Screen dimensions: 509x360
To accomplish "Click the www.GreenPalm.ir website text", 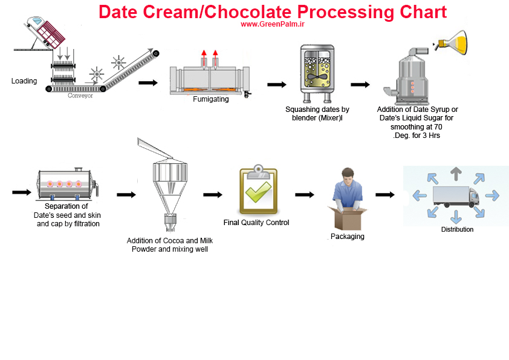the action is click(x=273, y=24).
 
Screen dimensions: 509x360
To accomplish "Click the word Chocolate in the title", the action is click(x=248, y=12).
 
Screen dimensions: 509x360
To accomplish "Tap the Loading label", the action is click(x=24, y=81).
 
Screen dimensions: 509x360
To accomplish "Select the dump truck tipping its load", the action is click(x=45, y=32).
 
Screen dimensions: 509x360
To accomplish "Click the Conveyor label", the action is click(x=80, y=96).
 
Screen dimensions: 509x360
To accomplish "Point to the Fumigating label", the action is click(x=211, y=99).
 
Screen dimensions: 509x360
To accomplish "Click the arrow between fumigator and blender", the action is click(x=277, y=85).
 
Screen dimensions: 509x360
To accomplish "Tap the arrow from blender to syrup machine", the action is click(x=360, y=85).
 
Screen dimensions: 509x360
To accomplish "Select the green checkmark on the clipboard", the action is click(x=258, y=192).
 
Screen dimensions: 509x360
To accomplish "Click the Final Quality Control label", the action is click(x=256, y=223).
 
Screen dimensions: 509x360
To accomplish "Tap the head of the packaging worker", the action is click(x=348, y=177).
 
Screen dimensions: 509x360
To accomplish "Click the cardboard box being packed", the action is click(x=348, y=218).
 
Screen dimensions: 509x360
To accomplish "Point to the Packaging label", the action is click(x=348, y=237).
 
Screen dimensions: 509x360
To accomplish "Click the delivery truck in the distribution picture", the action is click(x=456, y=196).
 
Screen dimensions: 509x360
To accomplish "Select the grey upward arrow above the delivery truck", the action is click(x=456, y=174).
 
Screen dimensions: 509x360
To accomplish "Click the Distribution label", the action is click(x=457, y=229).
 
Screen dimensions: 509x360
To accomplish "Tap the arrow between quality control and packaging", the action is click(x=305, y=195).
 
